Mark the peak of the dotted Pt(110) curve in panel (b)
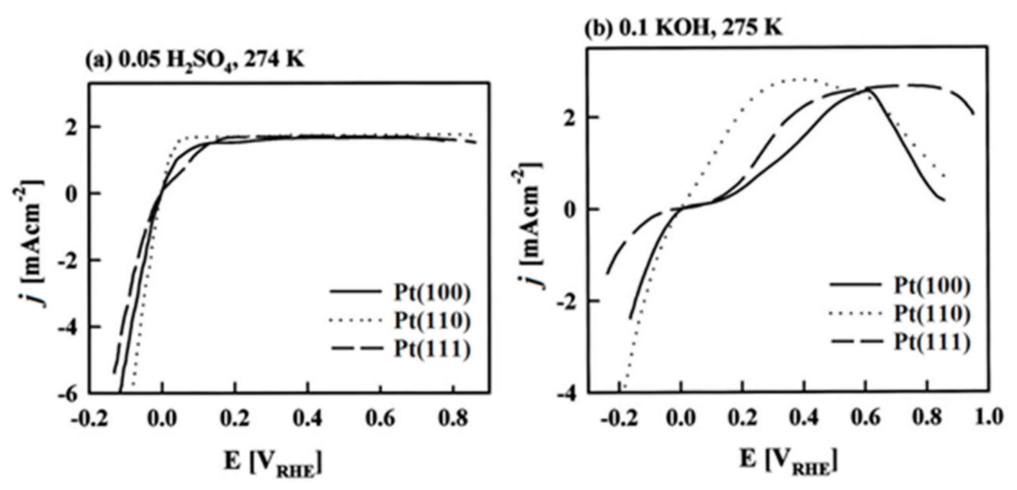pos(803,79)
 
